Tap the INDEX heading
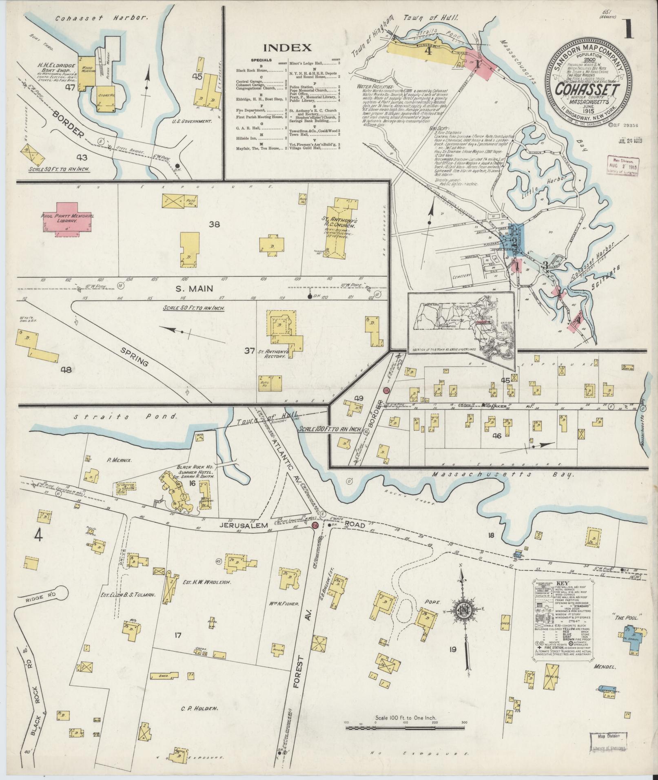tap(287, 47)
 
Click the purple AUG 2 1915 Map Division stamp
tap(622, 165)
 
